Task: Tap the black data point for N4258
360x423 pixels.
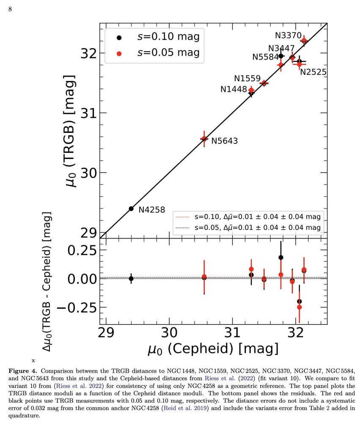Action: tap(131, 209)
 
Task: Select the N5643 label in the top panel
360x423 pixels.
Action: tap(225, 141)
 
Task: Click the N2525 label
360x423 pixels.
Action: tap(313, 72)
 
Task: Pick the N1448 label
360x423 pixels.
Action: tap(234, 89)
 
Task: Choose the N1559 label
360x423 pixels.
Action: tap(248, 79)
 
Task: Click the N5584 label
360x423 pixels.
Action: tap(266, 57)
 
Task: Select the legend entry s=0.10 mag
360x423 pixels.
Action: tap(168, 36)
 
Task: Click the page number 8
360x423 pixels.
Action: tap(10, 10)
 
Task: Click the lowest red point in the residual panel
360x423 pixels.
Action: tap(300, 307)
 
